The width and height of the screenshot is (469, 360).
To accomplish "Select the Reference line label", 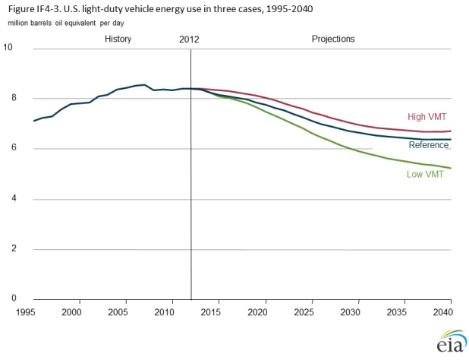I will (429, 145).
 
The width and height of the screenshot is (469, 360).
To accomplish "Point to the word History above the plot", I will (118, 38).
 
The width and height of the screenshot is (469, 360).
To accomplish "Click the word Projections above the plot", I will (333, 38).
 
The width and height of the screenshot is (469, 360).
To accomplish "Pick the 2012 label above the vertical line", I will (190, 38).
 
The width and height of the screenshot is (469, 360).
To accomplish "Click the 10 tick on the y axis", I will (8, 48).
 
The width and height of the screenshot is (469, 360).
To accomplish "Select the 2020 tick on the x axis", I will (263, 312).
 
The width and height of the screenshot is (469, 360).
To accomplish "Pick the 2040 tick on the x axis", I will (442, 312).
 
